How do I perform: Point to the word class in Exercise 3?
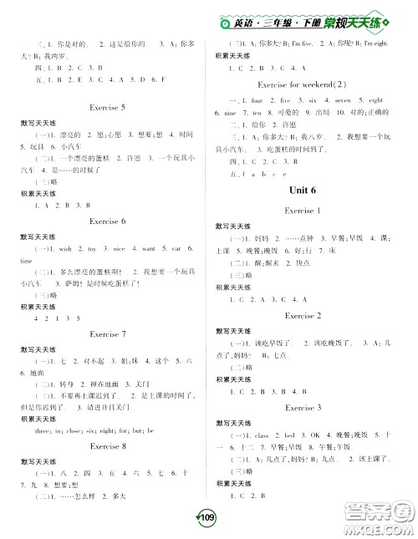[x=260, y=435]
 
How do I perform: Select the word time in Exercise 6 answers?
[x=37, y=261]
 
